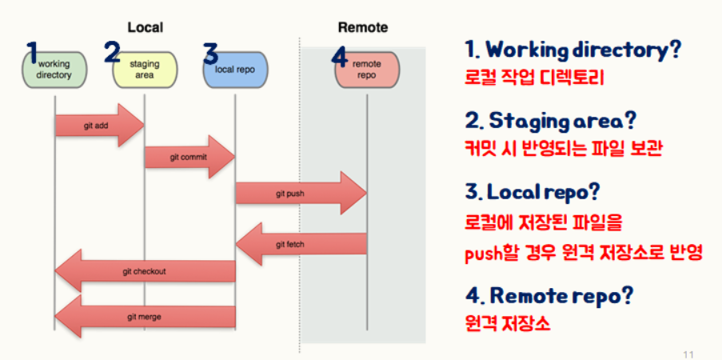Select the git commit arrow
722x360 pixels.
coord(189,157)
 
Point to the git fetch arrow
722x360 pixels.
coord(302,243)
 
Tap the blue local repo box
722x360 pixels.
coord(235,70)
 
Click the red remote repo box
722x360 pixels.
coord(367,70)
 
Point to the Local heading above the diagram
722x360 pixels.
coord(145,27)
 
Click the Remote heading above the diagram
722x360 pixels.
coord(362,27)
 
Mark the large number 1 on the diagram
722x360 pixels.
coord(33,53)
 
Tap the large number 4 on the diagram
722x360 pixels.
coord(340,58)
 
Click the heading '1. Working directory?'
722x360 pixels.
coord(572,50)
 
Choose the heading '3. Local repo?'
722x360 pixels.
coord(533,193)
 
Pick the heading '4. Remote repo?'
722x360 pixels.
coord(549,295)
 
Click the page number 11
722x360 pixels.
coord(689,353)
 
